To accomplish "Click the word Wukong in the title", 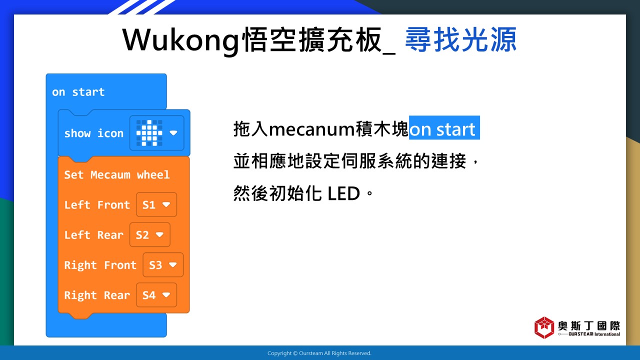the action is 180,40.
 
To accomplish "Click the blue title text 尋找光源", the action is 461,39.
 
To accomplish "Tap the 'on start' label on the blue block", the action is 78,92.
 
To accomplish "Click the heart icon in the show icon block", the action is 149,133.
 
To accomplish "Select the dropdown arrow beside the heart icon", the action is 173,133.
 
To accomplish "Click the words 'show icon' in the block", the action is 93,133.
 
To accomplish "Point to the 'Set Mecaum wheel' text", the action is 117,174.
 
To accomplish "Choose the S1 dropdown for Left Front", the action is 156,204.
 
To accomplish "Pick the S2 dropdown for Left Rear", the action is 150,235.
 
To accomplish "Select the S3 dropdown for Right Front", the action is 163,265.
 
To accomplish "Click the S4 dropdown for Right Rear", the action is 156,295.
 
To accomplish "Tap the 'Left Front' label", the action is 97,204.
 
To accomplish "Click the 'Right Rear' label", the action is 97,295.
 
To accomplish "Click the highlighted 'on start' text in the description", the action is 444,127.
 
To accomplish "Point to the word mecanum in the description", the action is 312,129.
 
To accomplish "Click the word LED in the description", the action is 343,193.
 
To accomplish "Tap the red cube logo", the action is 544,327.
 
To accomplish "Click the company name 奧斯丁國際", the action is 589,325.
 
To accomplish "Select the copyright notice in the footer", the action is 319,353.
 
